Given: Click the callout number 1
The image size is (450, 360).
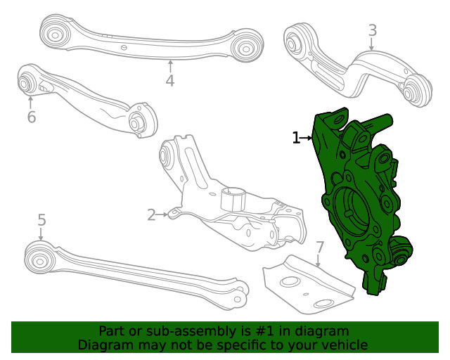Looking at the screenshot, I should [296, 138].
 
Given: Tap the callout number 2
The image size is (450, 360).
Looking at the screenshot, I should [152, 214].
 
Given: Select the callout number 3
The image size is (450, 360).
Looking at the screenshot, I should [372, 30].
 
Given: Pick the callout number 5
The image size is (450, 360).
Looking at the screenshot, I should [41, 220].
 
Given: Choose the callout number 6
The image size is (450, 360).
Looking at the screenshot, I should [31, 117].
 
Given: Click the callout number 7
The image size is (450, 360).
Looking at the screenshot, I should [319, 247].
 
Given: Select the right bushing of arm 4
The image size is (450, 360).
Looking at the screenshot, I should [246, 48].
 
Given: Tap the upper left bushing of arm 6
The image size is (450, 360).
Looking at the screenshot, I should [25, 82].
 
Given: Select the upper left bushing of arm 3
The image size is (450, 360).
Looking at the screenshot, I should [294, 39].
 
